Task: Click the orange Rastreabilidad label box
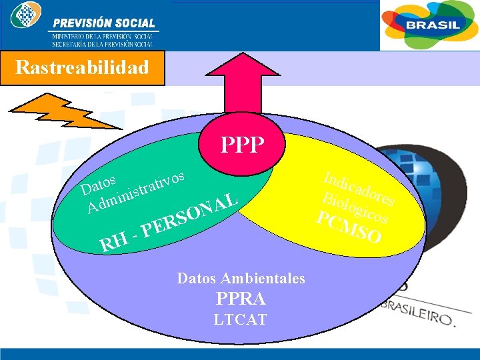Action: pos(82,68)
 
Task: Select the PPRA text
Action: pos(241,299)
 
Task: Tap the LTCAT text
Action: pos(241,320)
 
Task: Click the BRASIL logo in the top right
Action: pos(429,25)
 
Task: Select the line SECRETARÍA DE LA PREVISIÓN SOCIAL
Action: pos(103,43)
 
